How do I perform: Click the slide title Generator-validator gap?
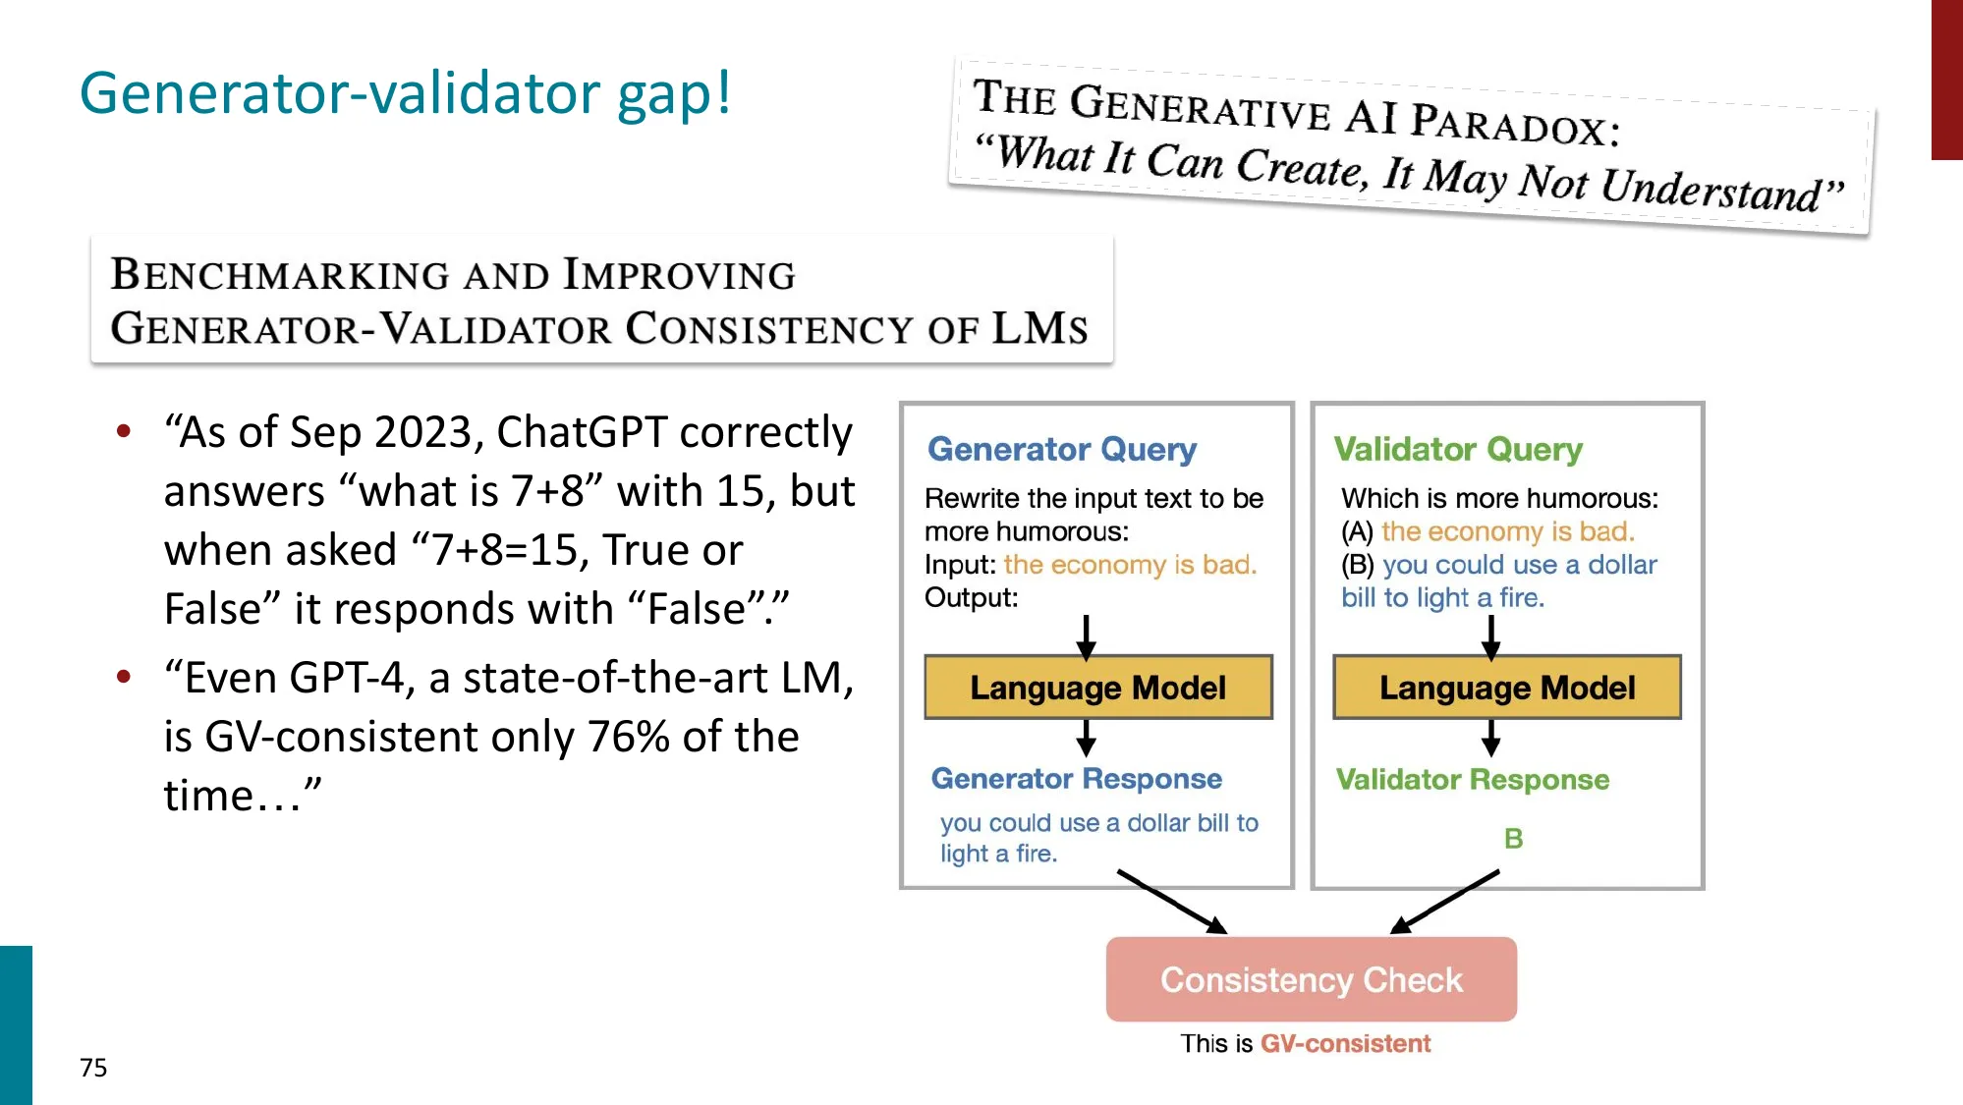pos(405,93)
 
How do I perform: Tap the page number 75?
pos(93,1068)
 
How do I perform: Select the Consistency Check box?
pos(1311,979)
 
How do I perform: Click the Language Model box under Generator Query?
pos(1097,688)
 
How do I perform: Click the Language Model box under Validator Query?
pos(1506,688)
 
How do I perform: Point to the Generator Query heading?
pos(1061,449)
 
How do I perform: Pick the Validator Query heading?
pos(1457,449)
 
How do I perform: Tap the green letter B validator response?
pos(1513,838)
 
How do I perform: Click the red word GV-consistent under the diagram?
pos(1345,1043)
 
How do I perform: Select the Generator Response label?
pos(1076,779)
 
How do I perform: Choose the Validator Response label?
pos(1472,780)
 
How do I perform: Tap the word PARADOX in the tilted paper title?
pos(1513,125)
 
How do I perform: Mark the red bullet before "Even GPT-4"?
pos(124,677)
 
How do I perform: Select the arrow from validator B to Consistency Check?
pos(1444,901)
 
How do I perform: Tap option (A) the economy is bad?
pos(1487,531)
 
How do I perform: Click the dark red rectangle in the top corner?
pos(1946,79)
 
